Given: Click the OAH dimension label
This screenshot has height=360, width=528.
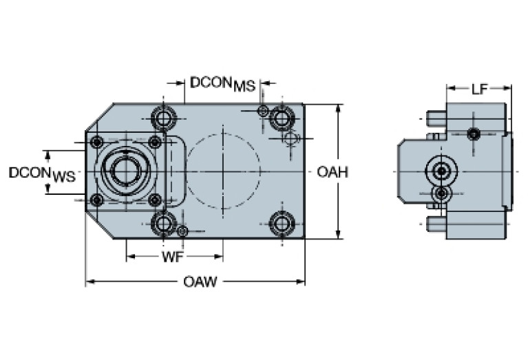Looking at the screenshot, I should coord(332,172).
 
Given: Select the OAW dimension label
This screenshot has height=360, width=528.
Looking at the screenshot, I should coord(200,282).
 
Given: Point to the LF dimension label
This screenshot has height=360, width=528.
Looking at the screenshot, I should coord(481,88).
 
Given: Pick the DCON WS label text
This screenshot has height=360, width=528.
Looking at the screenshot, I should coord(41,173).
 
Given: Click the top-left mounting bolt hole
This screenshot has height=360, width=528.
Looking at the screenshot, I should coord(163,119).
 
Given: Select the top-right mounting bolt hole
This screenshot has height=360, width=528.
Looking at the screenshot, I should coord(280,118).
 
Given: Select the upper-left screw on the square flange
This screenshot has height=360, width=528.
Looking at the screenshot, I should coord(97,142).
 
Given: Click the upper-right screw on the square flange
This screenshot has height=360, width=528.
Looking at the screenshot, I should coord(155,142).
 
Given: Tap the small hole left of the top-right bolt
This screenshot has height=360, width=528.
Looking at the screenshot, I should coord(262,112).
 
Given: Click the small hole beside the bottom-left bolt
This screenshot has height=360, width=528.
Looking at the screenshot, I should coord(182,231).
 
